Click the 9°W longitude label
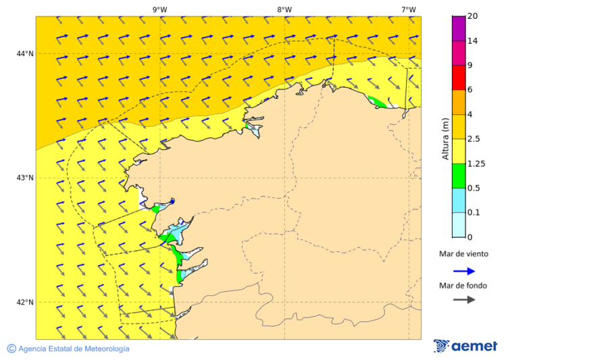159,9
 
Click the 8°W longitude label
284,9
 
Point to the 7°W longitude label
408,9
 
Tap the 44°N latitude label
25,54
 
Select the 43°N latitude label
25,178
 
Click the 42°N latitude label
25,303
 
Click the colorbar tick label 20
473,16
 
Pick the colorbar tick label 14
473,41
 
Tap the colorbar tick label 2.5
475,139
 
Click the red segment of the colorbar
458,78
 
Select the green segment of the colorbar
458,176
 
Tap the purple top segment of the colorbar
458,28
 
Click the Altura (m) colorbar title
445,139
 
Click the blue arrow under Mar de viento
463,271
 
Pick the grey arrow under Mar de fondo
463,300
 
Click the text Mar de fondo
463,286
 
